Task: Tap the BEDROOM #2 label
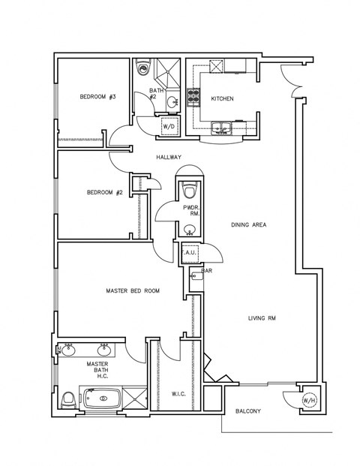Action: tap(104, 192)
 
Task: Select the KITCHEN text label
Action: tap(222, 98)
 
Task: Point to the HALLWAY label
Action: tap(169, 157)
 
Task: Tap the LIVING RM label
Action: tap(262, 318)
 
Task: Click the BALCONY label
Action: tap(248, 410)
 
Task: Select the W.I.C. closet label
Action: tap(178, 392)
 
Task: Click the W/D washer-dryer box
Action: tap(169, 127)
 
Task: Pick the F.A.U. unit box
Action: tap(188, 253)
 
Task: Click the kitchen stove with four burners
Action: tap(191, 96)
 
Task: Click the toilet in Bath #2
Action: tap(145, 68)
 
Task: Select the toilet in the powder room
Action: tap(190, 187)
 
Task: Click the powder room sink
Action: tap(190, 230)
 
